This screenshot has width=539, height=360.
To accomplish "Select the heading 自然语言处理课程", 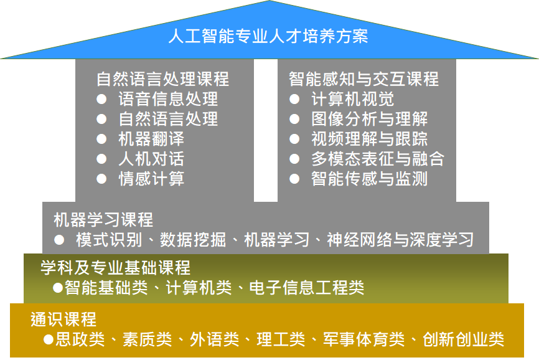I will (x=162, y=79).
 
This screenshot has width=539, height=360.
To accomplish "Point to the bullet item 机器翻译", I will (x=151, y=139).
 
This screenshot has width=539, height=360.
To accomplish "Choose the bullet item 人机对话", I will (x=151, y=159).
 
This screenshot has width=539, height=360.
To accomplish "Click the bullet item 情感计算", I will (x=151, y=179).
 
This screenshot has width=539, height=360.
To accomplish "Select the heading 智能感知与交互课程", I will (x=363, y=79).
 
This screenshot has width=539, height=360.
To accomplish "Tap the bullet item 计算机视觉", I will (x=352, y=99).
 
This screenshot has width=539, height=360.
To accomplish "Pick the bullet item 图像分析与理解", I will (x=369, y=119).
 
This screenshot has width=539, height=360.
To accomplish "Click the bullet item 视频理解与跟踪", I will (x=369, y=139).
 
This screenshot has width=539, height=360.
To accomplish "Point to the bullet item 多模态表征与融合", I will (x=377, y=159).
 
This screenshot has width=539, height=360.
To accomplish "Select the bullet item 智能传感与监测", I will (x=369, y=179).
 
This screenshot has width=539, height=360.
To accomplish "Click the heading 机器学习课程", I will (x=103, y=219).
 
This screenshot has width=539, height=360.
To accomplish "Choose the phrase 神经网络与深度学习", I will (x=400, y=240).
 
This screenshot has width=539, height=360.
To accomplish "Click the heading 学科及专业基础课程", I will (x=115, y=268).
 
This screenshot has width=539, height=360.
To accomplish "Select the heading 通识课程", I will (x=63, y=320).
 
